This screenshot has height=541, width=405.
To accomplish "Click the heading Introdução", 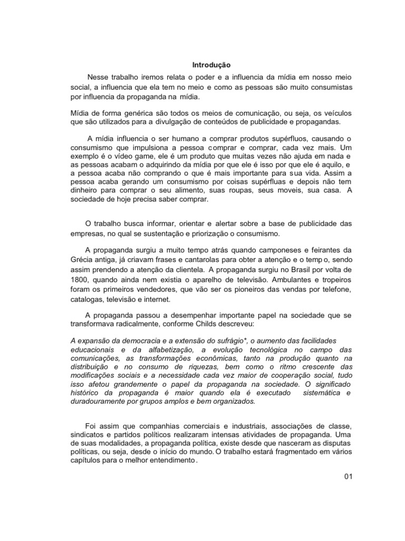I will coord(211,65).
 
